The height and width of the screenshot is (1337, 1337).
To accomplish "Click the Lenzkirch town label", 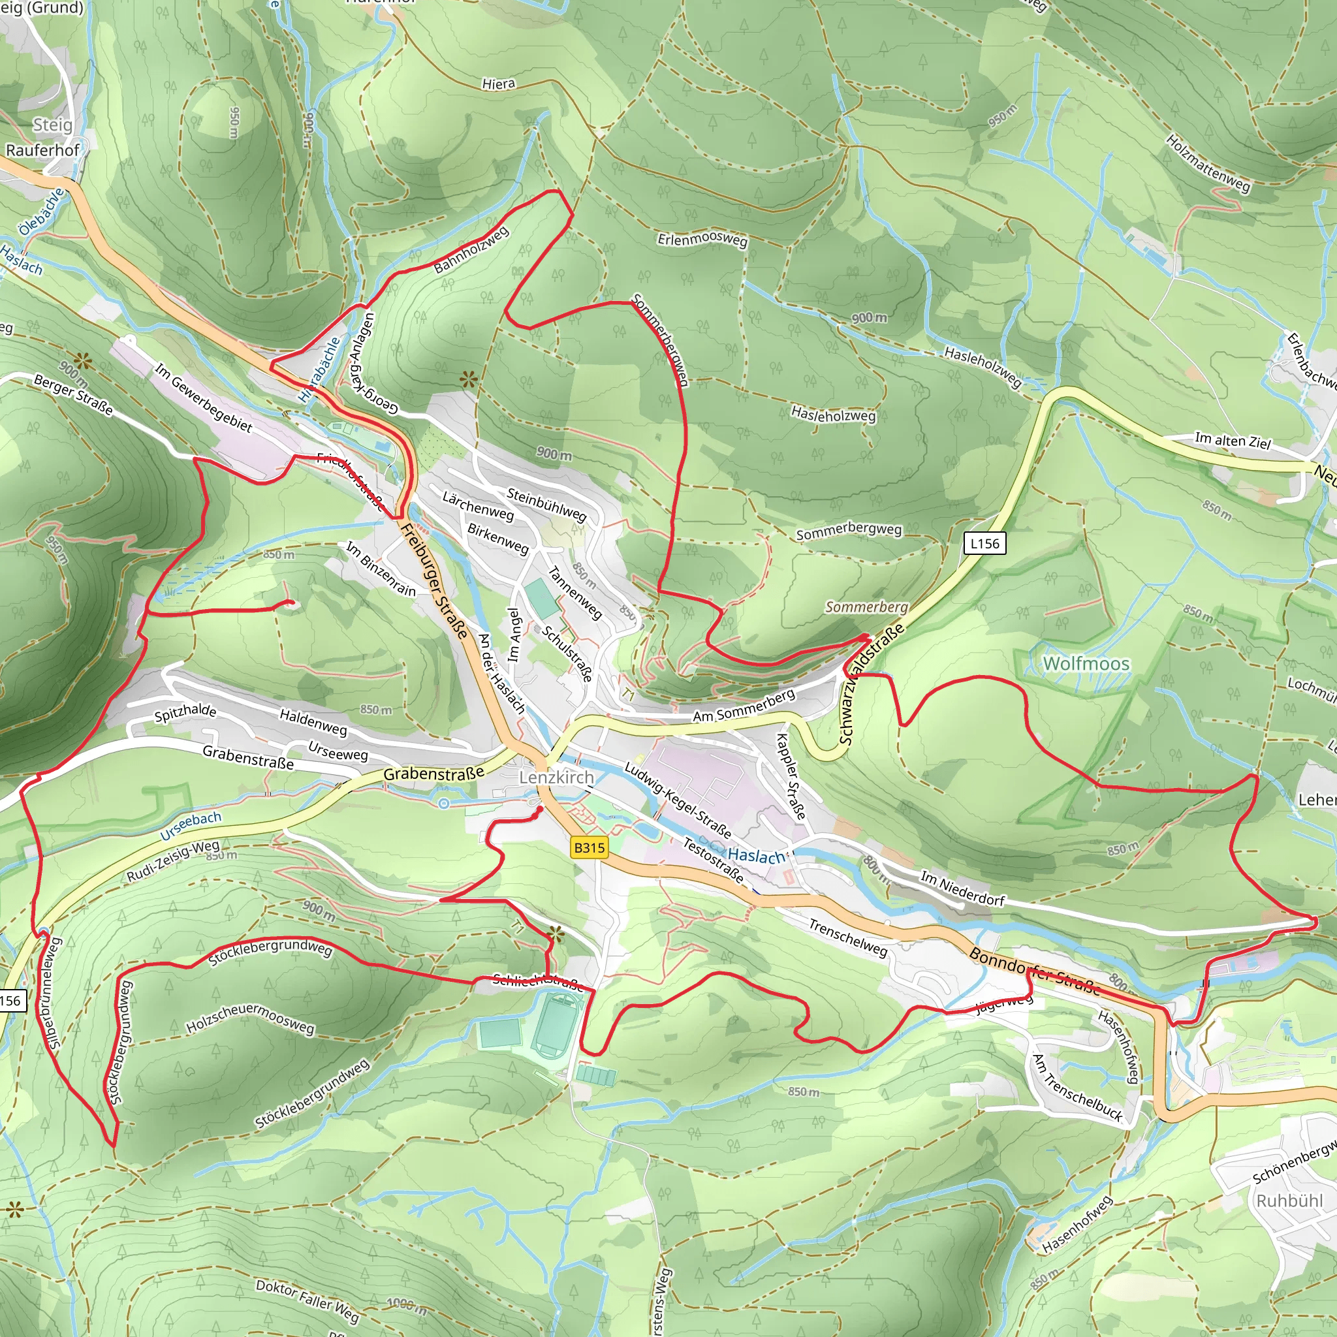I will click(556, 777).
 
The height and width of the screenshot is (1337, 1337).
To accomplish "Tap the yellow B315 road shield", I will click(589, 848).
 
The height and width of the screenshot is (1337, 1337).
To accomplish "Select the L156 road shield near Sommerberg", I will click(984, 543).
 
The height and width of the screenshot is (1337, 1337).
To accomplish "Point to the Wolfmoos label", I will click(1086, 664).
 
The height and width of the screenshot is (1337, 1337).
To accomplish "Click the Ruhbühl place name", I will click(1289, 1201).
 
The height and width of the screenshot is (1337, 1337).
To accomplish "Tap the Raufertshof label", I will click(42, 150).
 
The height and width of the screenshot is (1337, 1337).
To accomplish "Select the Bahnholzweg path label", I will click(471, 250).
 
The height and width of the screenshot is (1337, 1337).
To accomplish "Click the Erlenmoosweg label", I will click(702, 240).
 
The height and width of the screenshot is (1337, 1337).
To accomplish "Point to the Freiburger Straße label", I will click(435, 581).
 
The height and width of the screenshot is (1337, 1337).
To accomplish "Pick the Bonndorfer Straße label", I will click(1034, 971).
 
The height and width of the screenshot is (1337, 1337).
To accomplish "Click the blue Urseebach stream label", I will click(191, 826).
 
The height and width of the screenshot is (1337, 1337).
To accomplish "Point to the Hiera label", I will click(498, 84).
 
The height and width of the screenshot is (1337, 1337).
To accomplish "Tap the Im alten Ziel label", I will click(1233, 441).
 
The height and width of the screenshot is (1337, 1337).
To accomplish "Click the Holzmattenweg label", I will click(1208, 163).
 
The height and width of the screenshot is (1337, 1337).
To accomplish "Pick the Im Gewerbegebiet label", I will click(203, 399).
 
